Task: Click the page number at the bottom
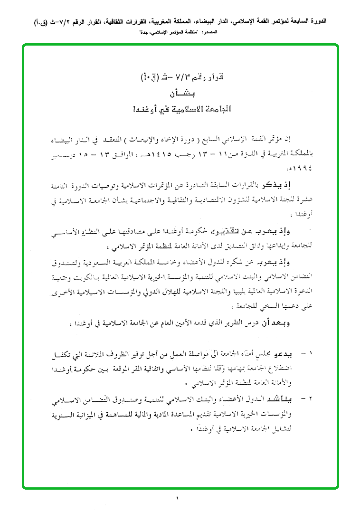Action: click(179, 498)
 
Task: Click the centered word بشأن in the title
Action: click(179, 93)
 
